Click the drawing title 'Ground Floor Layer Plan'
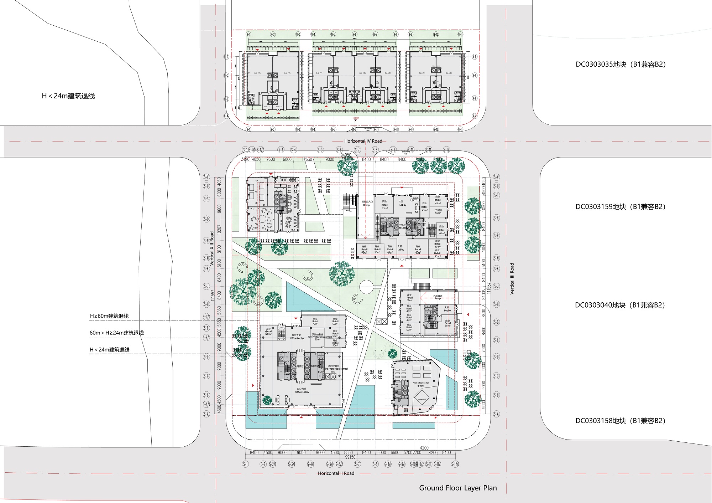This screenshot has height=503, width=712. pyautogui.click(x=458, y=488)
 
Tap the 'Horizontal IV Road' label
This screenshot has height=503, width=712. pyautogui.click(x=363, y=141)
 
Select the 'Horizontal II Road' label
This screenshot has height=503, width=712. pyautogui.click(x=336, y=473)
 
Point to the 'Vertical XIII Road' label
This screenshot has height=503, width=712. pyautogui.click(x=212, y=248)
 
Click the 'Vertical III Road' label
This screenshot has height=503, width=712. pyautogui.click(x=512, y=278)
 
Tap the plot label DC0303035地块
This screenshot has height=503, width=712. pyautogui.click(x=620, y=65)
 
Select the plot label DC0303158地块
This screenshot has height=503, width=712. pyautogui.click(x=620, y=421)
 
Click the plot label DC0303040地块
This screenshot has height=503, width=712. pyautogui.click(x=620, y=305)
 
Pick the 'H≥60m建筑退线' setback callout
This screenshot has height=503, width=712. pyautogui.click(x=109, y=316)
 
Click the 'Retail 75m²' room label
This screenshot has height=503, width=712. pyautogui.click(x=384, y=205)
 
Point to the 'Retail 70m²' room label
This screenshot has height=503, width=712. pyautogui.click(x=315, y=322)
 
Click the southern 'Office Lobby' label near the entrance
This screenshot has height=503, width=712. pyautogui.click(x=302, y=390)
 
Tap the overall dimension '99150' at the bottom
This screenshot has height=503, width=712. pyautogui.click(x=350, y=457)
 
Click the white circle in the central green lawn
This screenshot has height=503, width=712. pyautogui.click(x=366, y=287)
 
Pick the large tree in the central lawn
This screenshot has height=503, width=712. pyautogui.click(x=342, y=273)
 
